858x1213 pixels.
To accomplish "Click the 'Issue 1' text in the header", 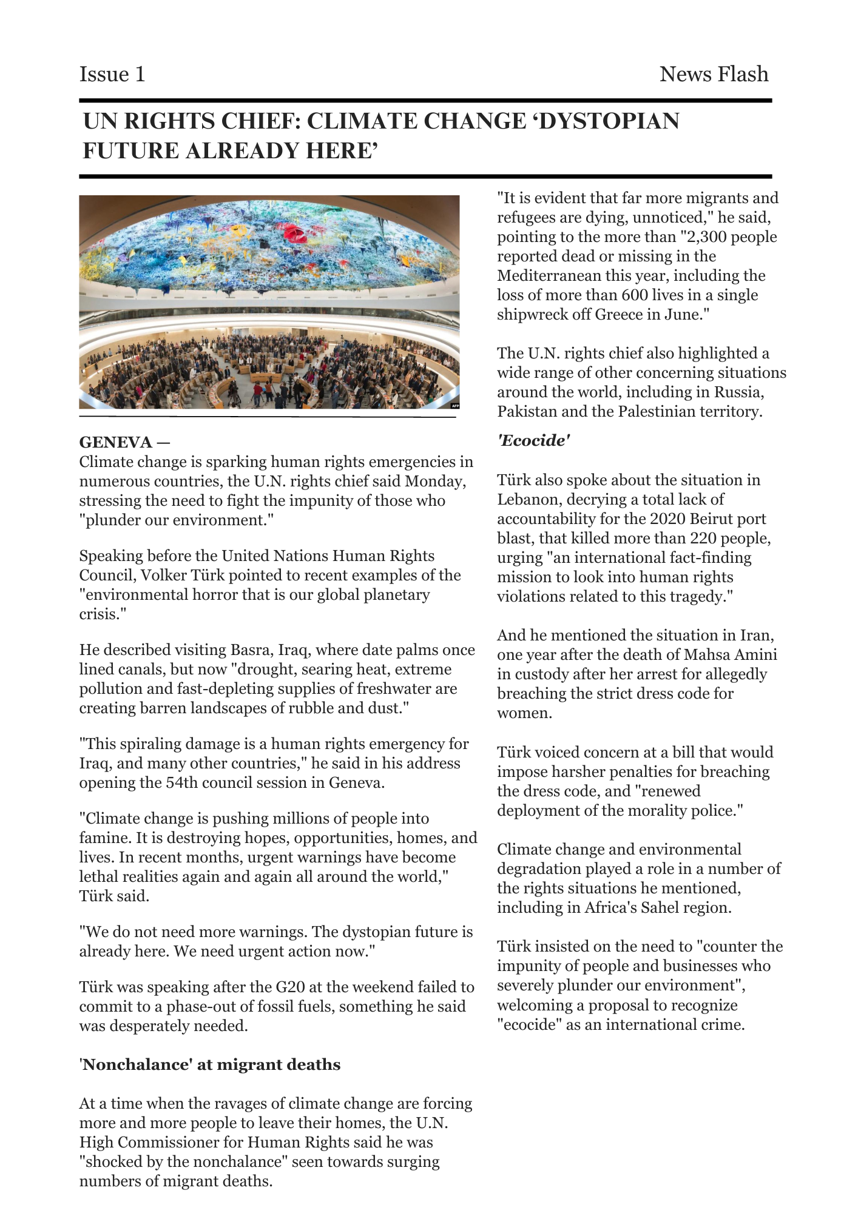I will (112, 74).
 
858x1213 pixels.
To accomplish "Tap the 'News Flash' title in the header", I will (714, 74).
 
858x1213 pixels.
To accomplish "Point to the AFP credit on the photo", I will (454, 405).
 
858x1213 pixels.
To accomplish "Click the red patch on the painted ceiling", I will (296, 232).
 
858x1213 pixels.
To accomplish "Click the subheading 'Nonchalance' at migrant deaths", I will (210, 1064).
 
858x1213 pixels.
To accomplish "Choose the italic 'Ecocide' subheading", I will (533, 440).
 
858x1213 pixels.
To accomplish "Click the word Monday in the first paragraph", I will (435, 481).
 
